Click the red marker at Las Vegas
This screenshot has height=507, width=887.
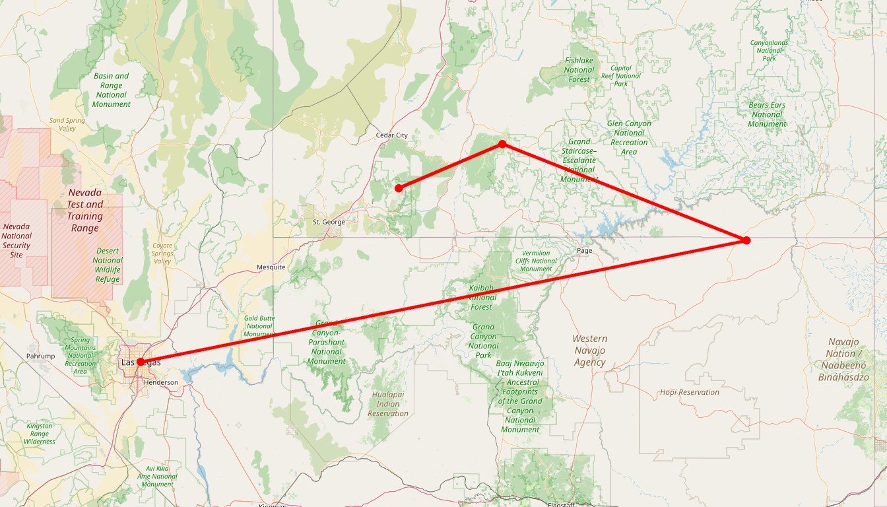tap(140, 362)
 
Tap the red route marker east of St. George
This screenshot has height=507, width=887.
tap(399, 188)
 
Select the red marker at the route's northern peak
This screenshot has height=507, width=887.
tap(502, 144)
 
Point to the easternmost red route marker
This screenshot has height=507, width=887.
tap(746, 240)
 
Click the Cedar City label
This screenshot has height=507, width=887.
tap(391, 135)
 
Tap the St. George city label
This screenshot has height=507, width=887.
tap(329, 222)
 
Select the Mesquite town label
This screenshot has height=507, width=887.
tap(271, 267)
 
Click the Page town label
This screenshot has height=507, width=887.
tap(584, 251)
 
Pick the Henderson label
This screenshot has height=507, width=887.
tap(161, 382)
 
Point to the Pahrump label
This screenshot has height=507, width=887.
tap(40, 356)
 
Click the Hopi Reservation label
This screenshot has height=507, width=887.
tap(690, 392)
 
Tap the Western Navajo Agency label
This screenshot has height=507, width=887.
tap(589, 351)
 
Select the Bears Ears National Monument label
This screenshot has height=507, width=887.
tap(767, 114)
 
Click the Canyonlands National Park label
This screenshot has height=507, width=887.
tap(769, 50)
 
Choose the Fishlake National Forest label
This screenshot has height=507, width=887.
tap(579, 70)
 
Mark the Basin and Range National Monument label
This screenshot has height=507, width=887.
tap(111, 90)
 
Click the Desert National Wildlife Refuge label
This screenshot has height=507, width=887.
tap(108, 265)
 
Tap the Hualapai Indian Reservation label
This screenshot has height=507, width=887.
tap(388, 404)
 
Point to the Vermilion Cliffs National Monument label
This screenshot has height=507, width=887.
tap(535, 261)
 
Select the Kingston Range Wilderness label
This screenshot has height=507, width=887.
tap(39, 434)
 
